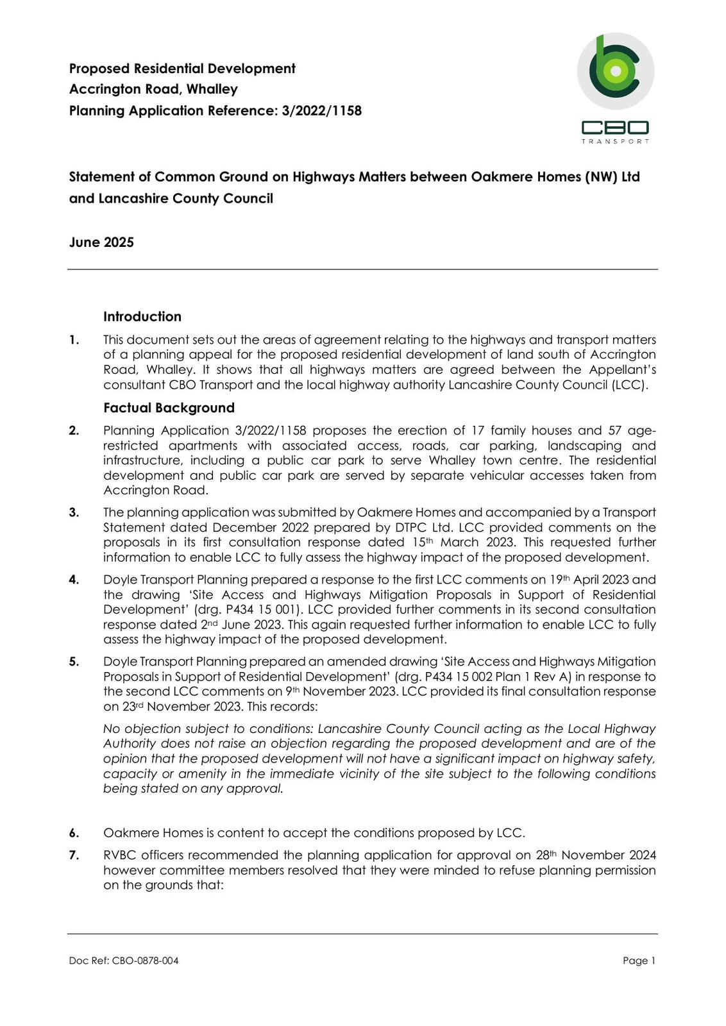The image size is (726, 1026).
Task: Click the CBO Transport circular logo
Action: coord(616,71)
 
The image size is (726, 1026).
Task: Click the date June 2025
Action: coord(101,242)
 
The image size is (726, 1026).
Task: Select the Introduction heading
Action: coord(142,317)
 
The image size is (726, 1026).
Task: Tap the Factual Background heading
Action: coord(169,408)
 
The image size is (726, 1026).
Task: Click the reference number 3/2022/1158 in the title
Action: coord(321,111)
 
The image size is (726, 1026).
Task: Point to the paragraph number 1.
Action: coord(74,340)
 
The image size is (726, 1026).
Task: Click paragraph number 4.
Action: coord(74,580)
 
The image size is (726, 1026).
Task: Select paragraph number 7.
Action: coord(74,855)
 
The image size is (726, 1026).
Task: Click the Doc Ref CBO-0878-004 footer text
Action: coord(124,961)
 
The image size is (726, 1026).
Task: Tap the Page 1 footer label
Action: coord(639,961)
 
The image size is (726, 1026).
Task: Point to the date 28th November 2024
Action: coord(596,855)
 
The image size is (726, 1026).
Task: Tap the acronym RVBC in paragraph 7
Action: coord(120,855)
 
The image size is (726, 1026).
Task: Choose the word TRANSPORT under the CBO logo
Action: coord(615,142)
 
